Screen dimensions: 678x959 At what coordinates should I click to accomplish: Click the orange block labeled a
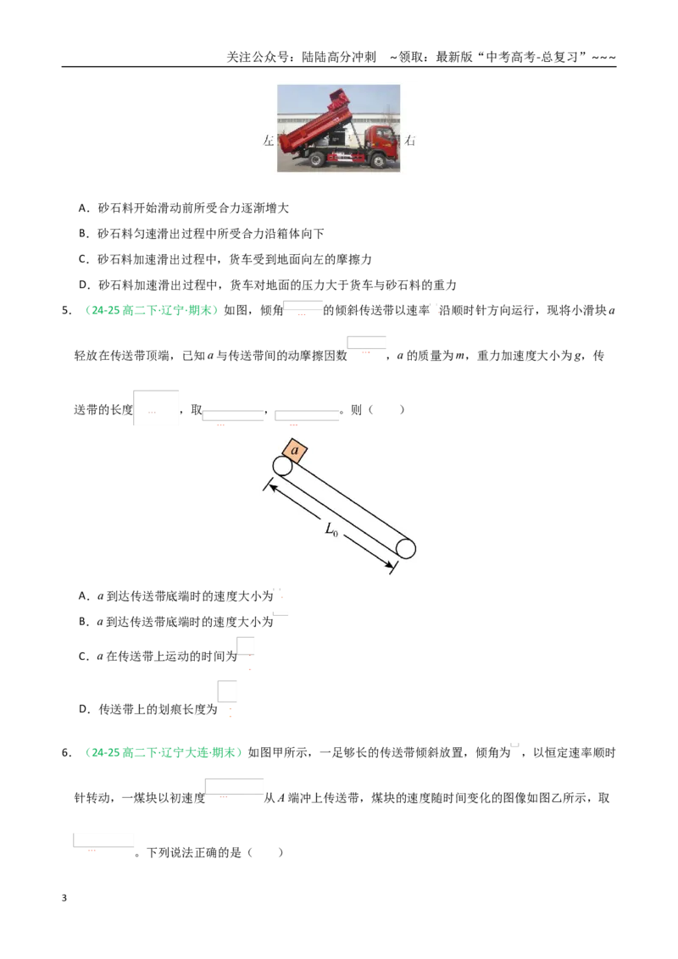294,451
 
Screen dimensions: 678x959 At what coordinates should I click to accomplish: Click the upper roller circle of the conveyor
282,466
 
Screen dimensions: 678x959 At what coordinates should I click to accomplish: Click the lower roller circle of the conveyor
406,549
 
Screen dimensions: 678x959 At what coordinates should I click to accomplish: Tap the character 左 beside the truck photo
269,141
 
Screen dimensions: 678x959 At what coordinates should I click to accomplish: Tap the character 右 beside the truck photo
410,141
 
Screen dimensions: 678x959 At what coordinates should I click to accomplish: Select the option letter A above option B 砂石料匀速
84,208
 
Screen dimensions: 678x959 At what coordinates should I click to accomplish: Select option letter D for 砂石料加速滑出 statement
85,285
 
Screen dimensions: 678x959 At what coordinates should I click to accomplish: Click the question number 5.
66,311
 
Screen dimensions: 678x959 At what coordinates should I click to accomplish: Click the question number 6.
66,753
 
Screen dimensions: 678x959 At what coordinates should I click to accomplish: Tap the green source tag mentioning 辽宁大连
162,753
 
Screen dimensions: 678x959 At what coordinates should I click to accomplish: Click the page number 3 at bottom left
64,898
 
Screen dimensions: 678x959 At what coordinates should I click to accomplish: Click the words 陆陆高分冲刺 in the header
339,57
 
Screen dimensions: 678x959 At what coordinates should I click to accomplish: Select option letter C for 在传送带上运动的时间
84,657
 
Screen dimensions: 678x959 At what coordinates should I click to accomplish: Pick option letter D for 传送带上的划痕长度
85,709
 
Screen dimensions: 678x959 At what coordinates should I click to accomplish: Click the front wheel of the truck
378,162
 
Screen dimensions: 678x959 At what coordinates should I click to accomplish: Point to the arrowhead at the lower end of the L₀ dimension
389,567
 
